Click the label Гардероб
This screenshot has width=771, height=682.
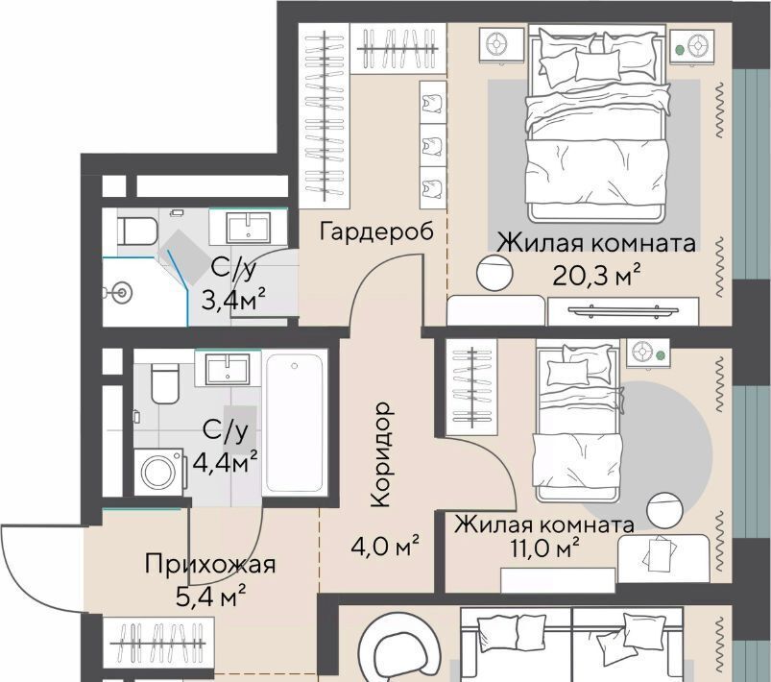(376, 231)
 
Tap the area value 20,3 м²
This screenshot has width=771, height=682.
(596, 276)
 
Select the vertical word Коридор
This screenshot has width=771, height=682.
(381, 454)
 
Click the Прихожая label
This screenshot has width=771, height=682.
(210, 564)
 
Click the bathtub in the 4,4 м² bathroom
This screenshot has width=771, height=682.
(295, 424)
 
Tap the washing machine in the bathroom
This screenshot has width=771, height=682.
(160, 473)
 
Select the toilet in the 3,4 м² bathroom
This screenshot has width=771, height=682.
(136, 231)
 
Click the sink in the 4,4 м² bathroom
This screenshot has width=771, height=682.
(228, 369)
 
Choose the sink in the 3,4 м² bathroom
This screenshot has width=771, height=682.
(248, 228)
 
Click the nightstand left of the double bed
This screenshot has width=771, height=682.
(501, 45)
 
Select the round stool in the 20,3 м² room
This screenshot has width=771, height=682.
(494, 273)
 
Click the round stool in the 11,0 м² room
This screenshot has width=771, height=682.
(664, 510)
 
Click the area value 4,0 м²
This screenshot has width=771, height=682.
(386, 546)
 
